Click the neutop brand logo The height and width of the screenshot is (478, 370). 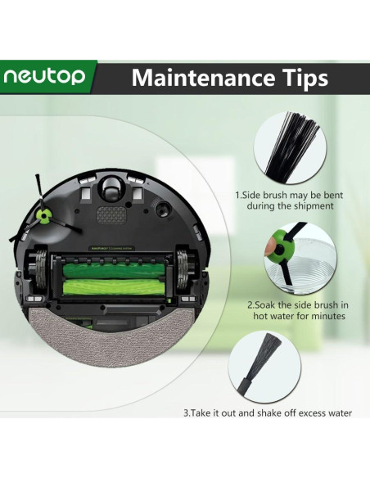pos(44,76)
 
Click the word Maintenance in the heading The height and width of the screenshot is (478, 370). pos(200,78)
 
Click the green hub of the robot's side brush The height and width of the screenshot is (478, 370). pos(43,216)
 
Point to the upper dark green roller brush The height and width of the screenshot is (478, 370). pos(113,270)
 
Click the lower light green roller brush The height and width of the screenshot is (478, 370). pos(113,286)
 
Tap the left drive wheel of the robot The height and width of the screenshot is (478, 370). pos(41,270)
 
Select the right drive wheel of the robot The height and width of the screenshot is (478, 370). pos(183,270)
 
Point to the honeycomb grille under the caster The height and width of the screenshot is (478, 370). pos(111,215)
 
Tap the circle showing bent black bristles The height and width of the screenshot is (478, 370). pos(290,147)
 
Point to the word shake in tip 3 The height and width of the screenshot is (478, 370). pos(269,413)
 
